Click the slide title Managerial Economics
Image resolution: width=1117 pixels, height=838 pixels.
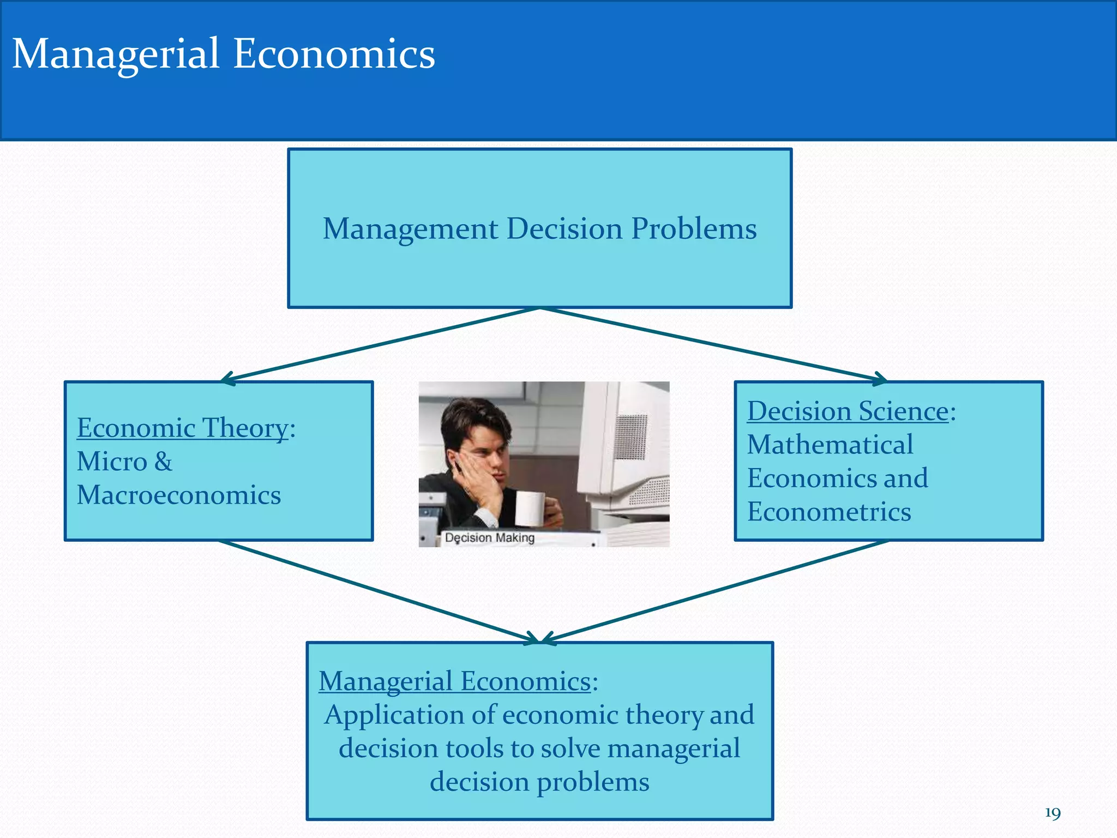pos(223,54)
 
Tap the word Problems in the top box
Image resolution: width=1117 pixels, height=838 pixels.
pos(694,229)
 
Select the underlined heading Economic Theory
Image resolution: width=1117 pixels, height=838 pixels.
pos(182,428)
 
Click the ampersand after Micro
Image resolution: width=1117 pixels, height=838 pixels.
pos(163,462)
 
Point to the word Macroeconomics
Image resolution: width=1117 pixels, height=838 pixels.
pos(179,495)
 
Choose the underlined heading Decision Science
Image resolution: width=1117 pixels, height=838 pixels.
pos(848,411)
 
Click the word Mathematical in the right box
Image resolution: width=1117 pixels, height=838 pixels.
pos(830,445)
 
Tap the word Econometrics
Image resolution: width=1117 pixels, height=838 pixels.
pos(828,512)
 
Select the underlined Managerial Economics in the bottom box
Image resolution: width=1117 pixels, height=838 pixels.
pos(455,681)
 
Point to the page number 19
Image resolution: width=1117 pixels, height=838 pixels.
pos(1052,813)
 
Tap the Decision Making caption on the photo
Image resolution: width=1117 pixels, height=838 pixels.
pos(489,538)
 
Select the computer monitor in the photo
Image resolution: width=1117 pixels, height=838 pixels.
pos(627,447)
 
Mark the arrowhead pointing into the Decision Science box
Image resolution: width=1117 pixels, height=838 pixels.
pos(879,379)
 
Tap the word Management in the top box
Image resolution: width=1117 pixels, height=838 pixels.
pos(410,229)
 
